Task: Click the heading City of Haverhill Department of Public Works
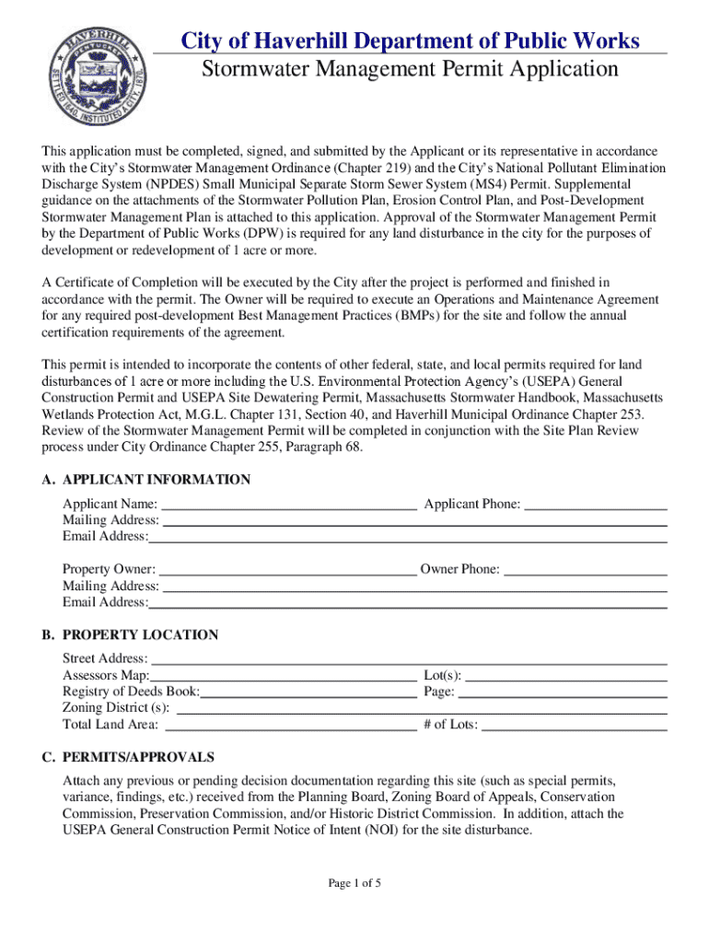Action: click(x=409, y=41)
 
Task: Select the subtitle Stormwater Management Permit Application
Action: click(x=409, y=70)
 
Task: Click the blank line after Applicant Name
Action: click(x=288, y=505)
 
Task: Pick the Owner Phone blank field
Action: click(x=585, y=570)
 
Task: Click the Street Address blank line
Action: click(x=408, y=659)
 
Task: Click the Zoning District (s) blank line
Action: click(x=421, y=709)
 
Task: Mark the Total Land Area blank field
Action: click(x=288, y=726)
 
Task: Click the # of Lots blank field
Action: click(x=574, y=726)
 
